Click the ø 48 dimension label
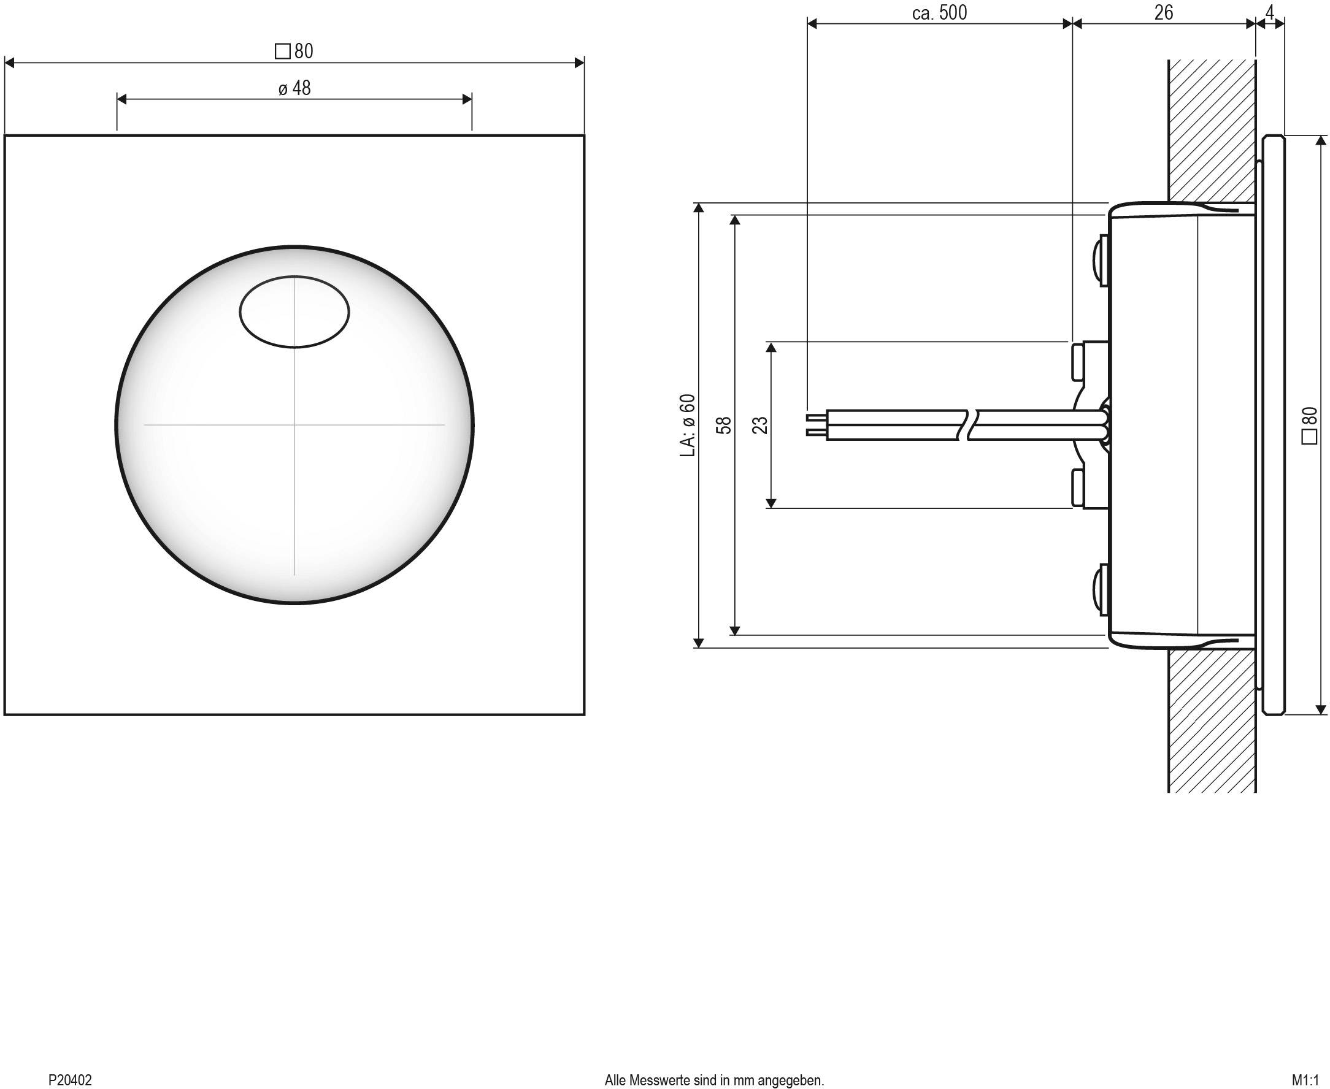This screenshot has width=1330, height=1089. pyautogui.click(x=294, y=88)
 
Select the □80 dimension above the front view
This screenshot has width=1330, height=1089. pyautogui.click(x=294, y=51)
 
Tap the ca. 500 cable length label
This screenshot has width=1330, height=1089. pyautogui.click(x=939, y=12)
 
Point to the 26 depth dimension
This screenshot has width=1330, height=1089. pyautogui.click(x=1163, y=12)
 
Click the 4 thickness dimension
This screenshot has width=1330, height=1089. pyautogui.click(x=1270, y=12)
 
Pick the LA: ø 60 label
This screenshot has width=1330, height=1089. pyautogui.click(x=688, y=425)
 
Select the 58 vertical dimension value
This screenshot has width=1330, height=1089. pyautogui.click(x=724, y=426)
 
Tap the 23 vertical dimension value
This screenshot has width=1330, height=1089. pyautogui.click(x=760, y=426)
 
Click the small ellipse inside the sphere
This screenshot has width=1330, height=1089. pyautogui.click(x=294, y=311)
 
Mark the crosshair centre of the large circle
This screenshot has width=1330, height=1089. pyautogui.click(x=294, y=425)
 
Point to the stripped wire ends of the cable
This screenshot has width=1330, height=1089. pyautogui.click(x=815, y=425)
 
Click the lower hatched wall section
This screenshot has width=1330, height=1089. pyautogui.click(x=1211, y=721)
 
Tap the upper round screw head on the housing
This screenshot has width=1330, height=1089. pyautogui.click(x=1101, y=260)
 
